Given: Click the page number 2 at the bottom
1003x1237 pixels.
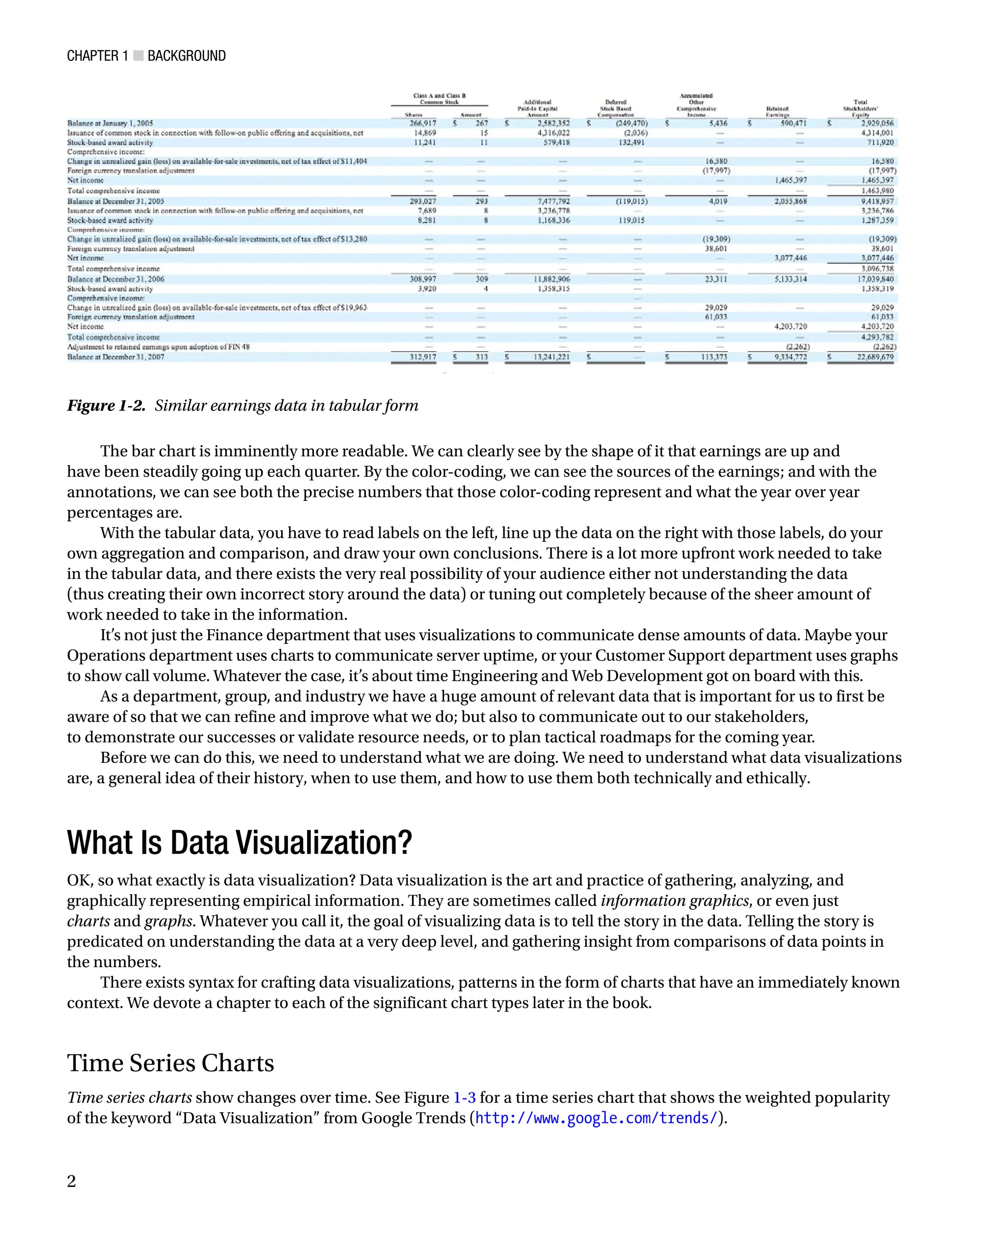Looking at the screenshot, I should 71,1181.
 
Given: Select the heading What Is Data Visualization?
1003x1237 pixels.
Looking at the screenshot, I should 239,842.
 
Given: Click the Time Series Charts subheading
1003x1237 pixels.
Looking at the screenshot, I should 170,1063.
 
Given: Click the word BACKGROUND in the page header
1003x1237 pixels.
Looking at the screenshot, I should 186,55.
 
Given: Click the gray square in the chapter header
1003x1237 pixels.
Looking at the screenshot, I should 138,55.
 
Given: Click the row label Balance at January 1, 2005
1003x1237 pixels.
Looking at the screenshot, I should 110,123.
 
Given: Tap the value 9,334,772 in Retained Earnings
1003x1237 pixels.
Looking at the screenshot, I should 790,357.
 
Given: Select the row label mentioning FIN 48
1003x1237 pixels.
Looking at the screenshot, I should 158,347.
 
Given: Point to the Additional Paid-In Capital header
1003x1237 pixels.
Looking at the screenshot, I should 537,108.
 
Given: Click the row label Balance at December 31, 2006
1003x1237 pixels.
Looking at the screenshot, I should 116,279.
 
